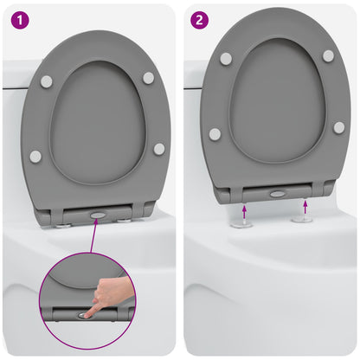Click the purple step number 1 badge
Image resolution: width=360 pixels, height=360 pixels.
[x=18, y=18]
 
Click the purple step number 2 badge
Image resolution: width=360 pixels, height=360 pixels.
[x=200, y=18]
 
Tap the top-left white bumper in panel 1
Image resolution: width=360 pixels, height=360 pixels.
[x=46, y=81]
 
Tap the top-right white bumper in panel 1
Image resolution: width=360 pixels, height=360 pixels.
[x=149, y=78]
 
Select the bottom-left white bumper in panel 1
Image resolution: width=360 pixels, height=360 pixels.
[x=35, y=157]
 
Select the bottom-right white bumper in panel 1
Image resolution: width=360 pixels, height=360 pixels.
[x=159, y=149]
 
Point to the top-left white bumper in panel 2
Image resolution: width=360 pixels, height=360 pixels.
[x=226, y=59]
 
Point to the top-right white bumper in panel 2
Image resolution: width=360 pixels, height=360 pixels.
[x=328, y=55]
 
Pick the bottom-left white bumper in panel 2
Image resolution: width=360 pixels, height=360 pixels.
[x=215, y=134]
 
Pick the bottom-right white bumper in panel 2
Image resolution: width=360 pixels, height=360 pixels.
[x=338, y=127]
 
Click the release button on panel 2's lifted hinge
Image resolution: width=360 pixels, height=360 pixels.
[x=276, y=193]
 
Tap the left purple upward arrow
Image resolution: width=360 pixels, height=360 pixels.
[x=244, y=210]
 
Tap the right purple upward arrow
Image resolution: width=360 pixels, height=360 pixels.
[x=305, y=206]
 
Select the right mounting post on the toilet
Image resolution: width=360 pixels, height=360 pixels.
[x=301, y=218]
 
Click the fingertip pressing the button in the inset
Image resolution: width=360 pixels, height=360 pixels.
[x=89, y=310]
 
